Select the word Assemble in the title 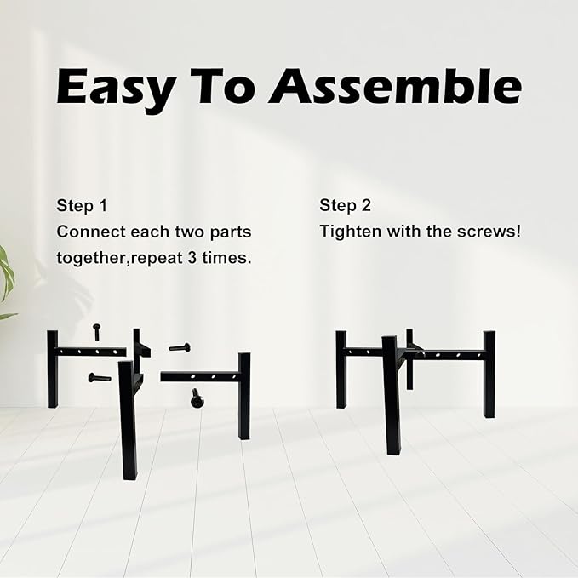(x=395, y=86)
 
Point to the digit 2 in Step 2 (x=366, y=205)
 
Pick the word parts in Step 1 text (x=231, y=233)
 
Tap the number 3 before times (x=192, y=258)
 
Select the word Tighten (x=351, y=232)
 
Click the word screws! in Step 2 (x=489, y=232)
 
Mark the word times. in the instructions (x=226, y=258)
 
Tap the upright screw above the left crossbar (x=97, y=332)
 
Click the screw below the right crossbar (x=198, y=398)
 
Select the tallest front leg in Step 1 (x=129, y=421)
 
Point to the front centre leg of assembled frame (x=391, y=395)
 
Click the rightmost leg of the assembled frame (x=489, y=375)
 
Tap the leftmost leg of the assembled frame (x=341, y=369)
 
